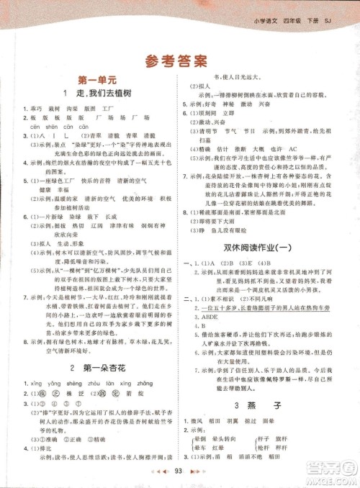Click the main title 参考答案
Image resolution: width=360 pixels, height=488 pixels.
179,60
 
